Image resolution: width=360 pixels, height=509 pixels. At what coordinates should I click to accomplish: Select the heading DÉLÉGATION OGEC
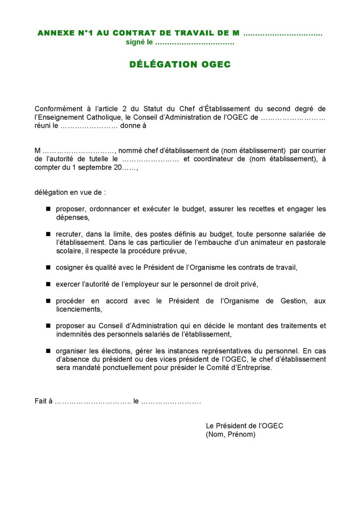tap(180, 64)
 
